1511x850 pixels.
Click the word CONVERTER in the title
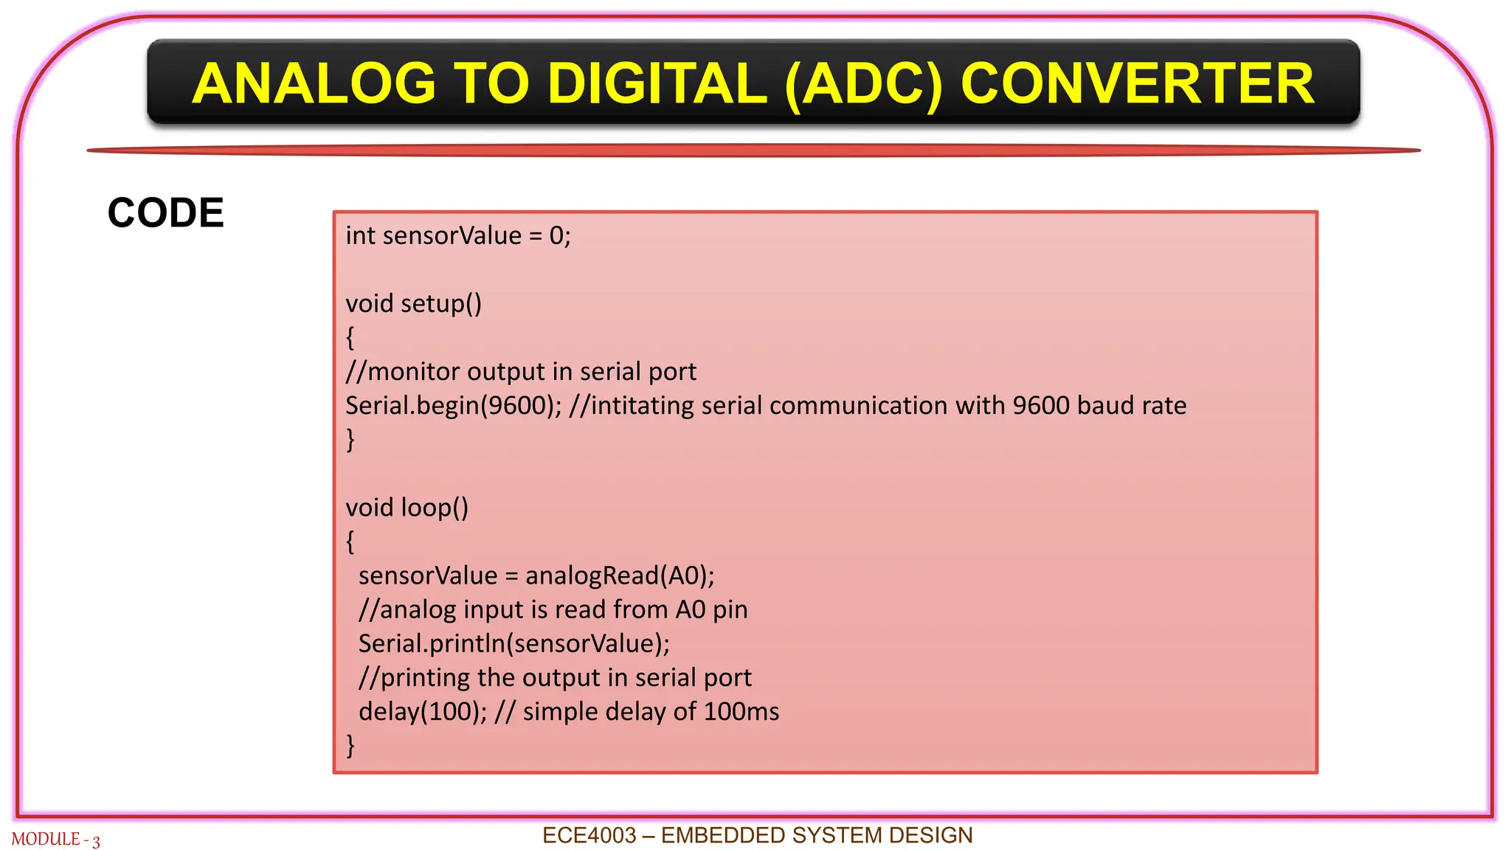1137,83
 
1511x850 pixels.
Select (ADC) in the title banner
864,83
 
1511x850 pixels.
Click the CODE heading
165,213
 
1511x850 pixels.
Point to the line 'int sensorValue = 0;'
457,236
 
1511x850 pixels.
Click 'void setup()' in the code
413,304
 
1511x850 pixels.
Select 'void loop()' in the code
407,508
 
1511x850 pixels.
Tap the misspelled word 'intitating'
642,406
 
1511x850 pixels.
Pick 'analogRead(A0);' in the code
620,576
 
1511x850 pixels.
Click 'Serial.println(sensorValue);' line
514,643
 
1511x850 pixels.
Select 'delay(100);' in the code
423,712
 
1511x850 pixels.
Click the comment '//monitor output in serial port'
521,372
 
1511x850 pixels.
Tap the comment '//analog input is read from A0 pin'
553,609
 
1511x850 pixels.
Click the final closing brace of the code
350,745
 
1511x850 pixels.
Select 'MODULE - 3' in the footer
55,840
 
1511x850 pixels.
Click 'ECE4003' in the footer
589,835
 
